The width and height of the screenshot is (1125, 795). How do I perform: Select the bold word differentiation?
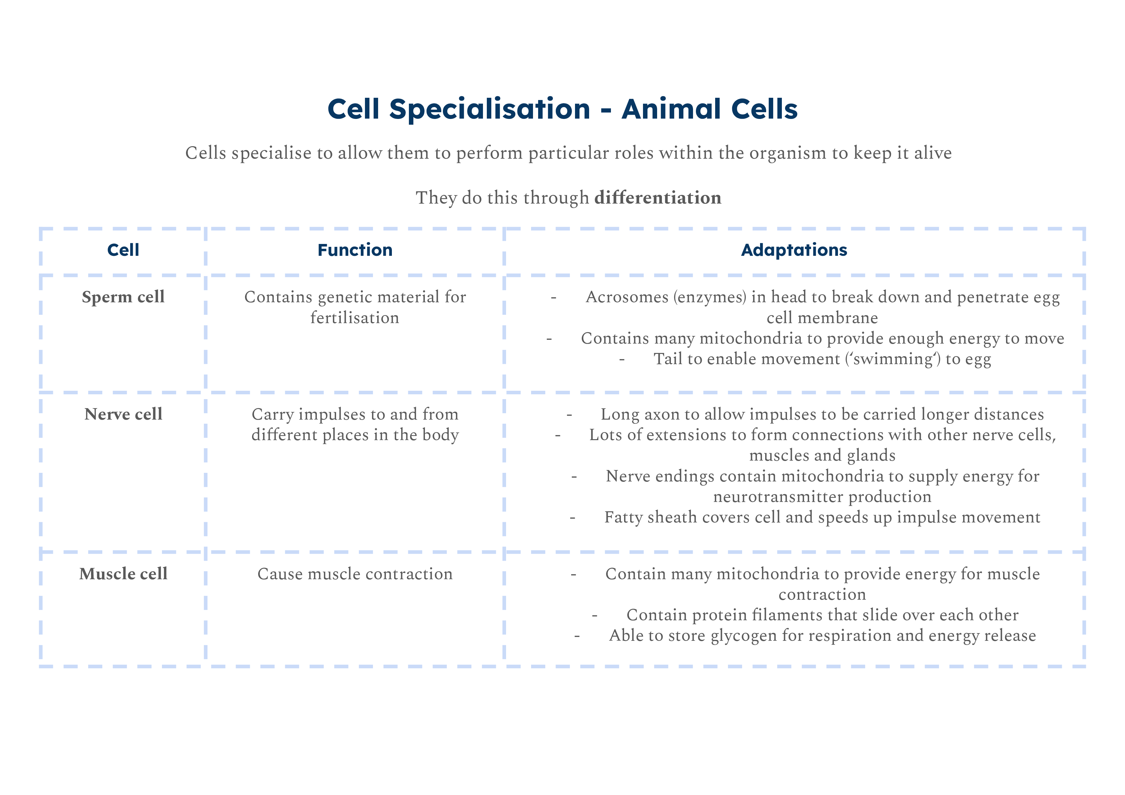(657, 198)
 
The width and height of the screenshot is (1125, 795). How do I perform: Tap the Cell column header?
(123, 250)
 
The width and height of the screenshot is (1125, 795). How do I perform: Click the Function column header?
(355, 250)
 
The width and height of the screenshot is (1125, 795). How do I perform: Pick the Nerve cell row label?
(123, 414)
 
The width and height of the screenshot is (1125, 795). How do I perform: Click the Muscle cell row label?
(123, 573)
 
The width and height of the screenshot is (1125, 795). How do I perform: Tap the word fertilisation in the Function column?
(355, 318)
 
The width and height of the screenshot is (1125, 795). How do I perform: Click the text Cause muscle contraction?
(355, 574)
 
